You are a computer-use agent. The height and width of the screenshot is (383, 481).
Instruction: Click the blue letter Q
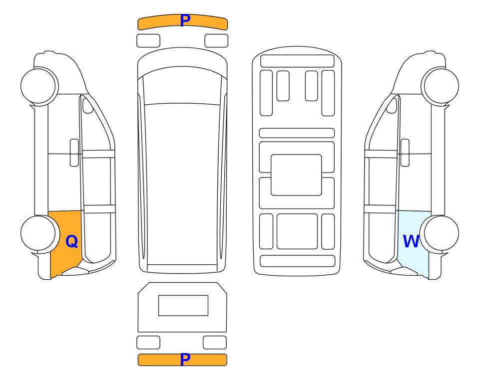[x=72, y=241]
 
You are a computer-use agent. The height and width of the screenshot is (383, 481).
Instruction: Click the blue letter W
[x=411, y=241]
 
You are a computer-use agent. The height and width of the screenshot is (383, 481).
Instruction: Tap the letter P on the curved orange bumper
[x=185, y=20]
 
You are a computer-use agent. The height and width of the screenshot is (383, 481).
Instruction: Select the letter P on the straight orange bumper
[x=185, y=359]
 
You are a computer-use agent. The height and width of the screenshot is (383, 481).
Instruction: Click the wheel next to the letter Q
[x=38, y=233]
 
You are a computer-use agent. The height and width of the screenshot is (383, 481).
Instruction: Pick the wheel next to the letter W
[x=441, y=233]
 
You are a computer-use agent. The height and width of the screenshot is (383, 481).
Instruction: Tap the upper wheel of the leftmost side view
[x=38, y=86]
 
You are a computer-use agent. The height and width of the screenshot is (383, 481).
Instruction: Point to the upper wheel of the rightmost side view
[x=441, y=86]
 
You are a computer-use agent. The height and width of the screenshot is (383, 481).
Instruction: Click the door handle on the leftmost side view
[x=74, y=153]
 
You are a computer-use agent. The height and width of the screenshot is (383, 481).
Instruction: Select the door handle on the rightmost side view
[x=405, y=153]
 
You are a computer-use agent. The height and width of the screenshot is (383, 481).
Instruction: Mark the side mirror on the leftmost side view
[x=88, y=105]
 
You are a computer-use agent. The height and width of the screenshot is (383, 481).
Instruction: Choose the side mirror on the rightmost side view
[x=392, y=105]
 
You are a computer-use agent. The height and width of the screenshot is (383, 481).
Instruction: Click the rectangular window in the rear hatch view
[x=183, y=306]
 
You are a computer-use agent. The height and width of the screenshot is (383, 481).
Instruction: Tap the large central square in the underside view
[x=296, y=175]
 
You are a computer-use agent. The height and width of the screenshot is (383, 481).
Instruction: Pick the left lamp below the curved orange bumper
[x=148, y=41]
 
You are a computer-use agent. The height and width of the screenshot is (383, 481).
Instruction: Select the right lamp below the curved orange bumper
[x=216, y=41]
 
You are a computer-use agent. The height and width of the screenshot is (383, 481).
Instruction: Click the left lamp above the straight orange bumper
[x=148, y=342]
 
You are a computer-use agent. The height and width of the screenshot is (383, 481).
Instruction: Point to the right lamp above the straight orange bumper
[x=215, y=342]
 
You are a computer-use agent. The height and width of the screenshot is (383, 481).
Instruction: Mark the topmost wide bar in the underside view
[x=297, y=61]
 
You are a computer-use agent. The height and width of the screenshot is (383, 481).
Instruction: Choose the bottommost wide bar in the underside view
[x=297, y=261]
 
